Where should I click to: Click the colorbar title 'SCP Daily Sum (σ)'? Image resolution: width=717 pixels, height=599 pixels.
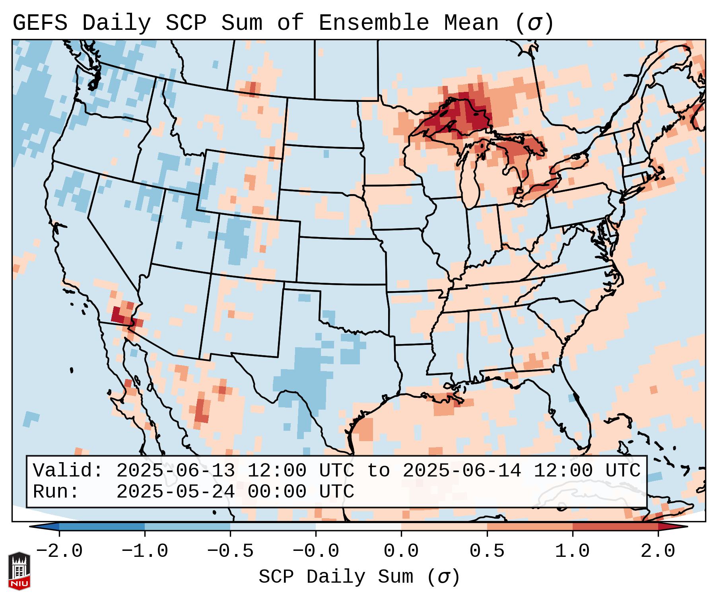pos(359,577)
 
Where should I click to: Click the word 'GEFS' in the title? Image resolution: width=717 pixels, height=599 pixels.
pos(40,23)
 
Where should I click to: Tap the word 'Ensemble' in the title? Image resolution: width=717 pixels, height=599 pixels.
pos(373,23)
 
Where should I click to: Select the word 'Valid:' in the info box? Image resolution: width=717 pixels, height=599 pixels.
pos(68,471)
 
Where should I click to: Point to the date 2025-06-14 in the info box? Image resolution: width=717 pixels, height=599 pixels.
pos(462,471)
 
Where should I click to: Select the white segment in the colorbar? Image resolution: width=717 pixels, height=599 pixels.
pos(358,527)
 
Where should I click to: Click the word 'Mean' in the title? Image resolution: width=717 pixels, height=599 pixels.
pos(471,23)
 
